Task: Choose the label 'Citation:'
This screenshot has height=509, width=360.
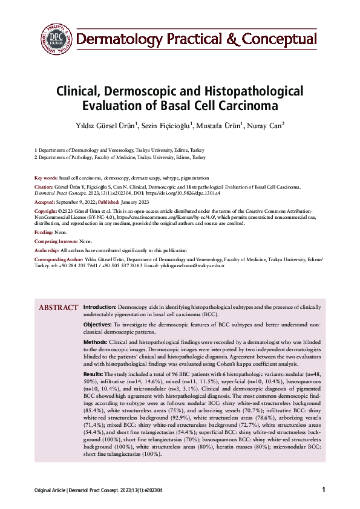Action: click(44, 188)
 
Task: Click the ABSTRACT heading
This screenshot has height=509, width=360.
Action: click(59, 308)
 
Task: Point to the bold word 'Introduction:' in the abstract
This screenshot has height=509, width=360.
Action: click(100, 307)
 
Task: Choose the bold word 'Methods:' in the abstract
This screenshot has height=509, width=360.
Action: click(96, 342)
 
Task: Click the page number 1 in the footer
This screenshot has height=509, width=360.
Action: click(324, 490)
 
